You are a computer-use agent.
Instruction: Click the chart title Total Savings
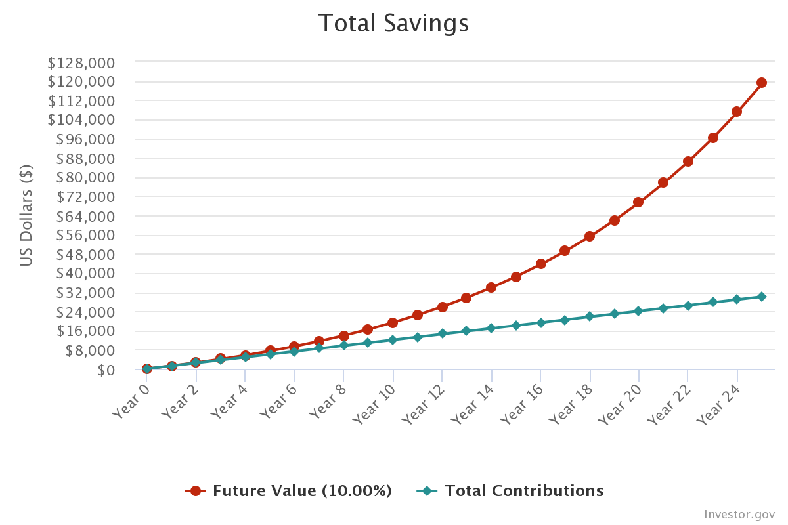click(x=393, y=24)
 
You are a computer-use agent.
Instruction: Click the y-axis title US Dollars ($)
click(x=26, y=215)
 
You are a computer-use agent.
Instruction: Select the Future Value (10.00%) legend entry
click(x=289, y=491)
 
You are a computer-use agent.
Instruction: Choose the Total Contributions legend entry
click(x=510, y=491)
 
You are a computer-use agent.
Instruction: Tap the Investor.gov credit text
click(x=739, y=514)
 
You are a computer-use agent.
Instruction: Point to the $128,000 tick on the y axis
click(x=81, y=63)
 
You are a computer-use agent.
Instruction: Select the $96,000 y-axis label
click(x=85, y=139)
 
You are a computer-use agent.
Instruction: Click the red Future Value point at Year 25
click(x=762, y=83)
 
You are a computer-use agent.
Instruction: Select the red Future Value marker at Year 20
click(x=638, y=202)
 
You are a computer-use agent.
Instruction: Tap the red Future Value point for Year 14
click(x=491, y=287)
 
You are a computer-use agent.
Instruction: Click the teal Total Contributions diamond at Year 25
click(x=762, y=297)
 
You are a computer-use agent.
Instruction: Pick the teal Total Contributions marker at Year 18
click(x=590, y=316)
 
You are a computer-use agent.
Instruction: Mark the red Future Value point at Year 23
click(x=712, y=138)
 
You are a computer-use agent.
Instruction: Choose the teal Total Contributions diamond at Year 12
click(x=442, y=333)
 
